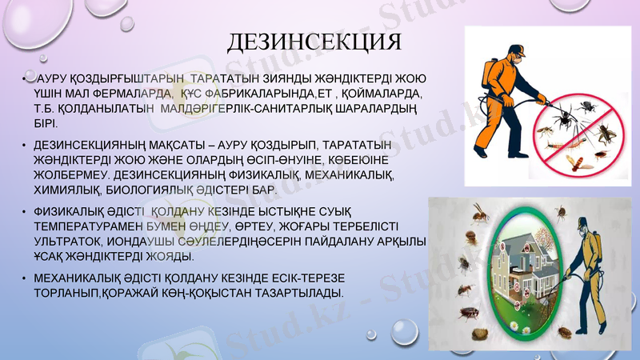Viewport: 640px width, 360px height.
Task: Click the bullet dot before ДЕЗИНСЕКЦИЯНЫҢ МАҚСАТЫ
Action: click(x=24, y=145)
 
